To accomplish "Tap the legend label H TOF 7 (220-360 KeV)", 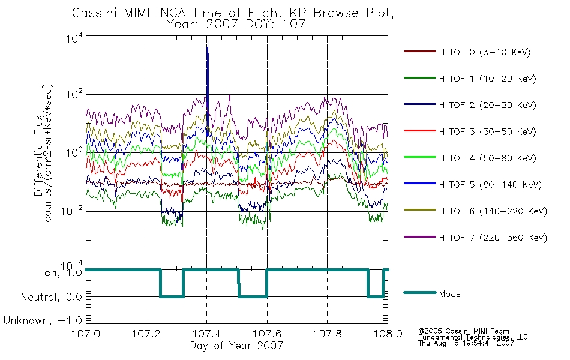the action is [493, 238].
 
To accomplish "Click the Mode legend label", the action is [449, 294].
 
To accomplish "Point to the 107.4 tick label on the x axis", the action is [206, 334].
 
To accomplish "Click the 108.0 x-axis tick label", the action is [388, 334].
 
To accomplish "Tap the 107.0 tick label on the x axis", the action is [86, 334].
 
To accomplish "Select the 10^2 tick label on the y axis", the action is [74, 94].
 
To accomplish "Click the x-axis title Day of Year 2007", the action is [236, 346].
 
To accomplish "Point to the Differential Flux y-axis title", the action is [38, 156].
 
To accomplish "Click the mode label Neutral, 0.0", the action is [51, 297].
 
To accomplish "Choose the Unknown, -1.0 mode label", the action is [43, 320].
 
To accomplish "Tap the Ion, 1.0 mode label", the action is [62, 273].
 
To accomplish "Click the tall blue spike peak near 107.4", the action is [207, 41].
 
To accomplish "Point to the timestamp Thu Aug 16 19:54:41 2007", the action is [466, 343].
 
